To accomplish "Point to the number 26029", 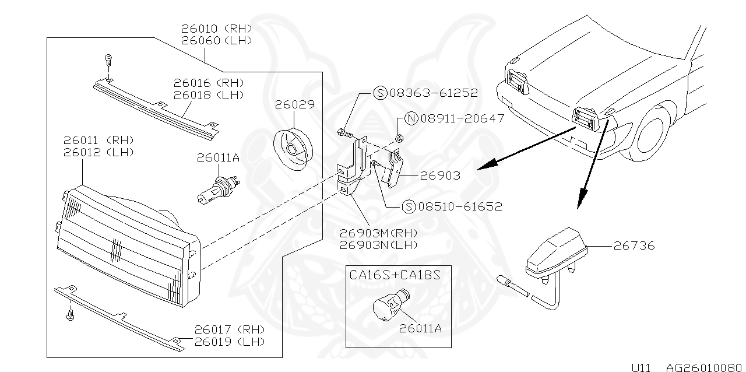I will coord(295,105).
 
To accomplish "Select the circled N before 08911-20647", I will coord(410,119).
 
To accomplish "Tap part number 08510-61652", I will coord(459,206).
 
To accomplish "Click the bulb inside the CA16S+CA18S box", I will coord(384,307).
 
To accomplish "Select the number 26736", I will coord(634,245).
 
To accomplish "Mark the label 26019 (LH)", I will coord(230,342).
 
